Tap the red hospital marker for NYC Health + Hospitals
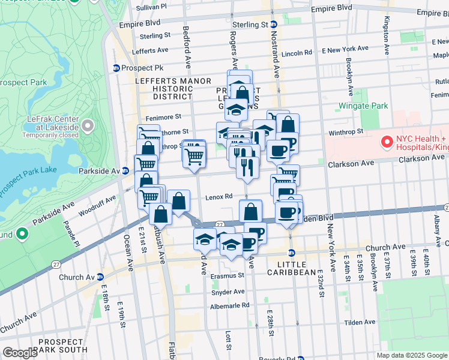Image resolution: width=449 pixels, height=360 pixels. tap(385, 142)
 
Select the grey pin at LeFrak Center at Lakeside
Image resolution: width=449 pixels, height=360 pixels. tap(88, 125)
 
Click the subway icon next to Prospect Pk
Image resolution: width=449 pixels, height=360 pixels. tap(116, 68)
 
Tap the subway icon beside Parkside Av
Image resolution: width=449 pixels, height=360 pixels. tap(125, 170)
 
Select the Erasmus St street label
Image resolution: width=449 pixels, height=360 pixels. tap(228, 277)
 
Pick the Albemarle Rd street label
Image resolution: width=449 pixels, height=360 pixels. tap(229, 305)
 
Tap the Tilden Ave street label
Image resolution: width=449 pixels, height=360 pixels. tap(360, 322)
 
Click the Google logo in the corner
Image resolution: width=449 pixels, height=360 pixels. tap(20, 353)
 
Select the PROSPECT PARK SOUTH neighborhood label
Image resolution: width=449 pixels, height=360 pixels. tap(61, 345)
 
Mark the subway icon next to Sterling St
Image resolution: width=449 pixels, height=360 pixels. tap(273, 25)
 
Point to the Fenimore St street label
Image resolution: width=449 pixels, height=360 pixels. tap(161, 116)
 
